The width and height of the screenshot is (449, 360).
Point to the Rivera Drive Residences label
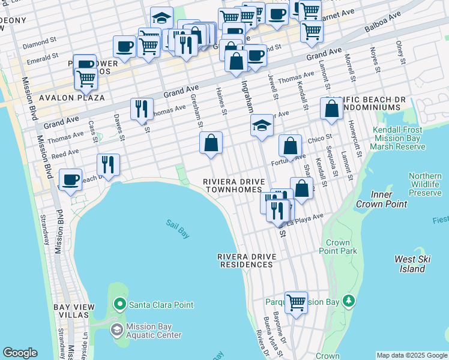(247, 260)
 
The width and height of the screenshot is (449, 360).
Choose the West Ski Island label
(412, 263)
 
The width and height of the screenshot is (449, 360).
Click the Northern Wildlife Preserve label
(425, 184)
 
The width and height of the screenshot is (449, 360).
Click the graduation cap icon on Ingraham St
(262, 125)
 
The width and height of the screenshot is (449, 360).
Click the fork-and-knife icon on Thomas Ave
(142, 109)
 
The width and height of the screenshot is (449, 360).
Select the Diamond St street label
(35, 45)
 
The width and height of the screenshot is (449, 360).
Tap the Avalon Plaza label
(72, 97)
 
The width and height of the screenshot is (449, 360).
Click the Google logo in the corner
(20, 353)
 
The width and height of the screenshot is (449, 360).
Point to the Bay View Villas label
(74, 311)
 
